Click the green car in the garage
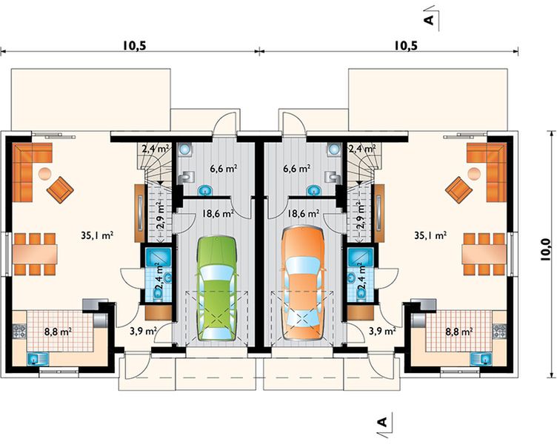click(x=217, y=288)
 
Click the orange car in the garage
click(x=303, y=283)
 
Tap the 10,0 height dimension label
click(x=545, y=249)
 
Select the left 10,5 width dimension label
click(x=135, y=46)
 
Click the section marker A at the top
click(x=429, y=19)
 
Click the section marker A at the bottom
click(x=381, y=422)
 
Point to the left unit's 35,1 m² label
click(x=97, y=235)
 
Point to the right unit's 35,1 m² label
click(x=430, y=235)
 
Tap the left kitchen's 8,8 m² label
click(x=58, y=332)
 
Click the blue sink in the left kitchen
click(x=38, y=359)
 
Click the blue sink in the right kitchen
click(x=481, y=359)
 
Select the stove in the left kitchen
click(x=19, y=331)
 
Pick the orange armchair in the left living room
click(x=60, y=190)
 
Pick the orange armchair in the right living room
click(x=459, y=190)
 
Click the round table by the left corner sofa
click(x=44, y=173)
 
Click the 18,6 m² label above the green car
click(x=218, y=214)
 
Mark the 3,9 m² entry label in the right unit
click(x=383, y=331)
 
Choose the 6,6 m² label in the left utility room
click(x=224, y=169)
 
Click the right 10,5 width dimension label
click(x=405, y=46)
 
